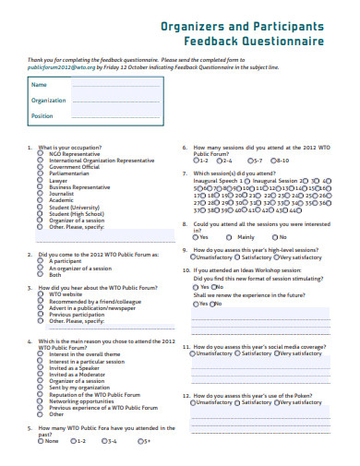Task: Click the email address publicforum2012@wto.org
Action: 54,67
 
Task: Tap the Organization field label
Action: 49,100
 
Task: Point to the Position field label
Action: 42,116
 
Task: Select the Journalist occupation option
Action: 39,194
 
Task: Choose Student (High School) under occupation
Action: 39,214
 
